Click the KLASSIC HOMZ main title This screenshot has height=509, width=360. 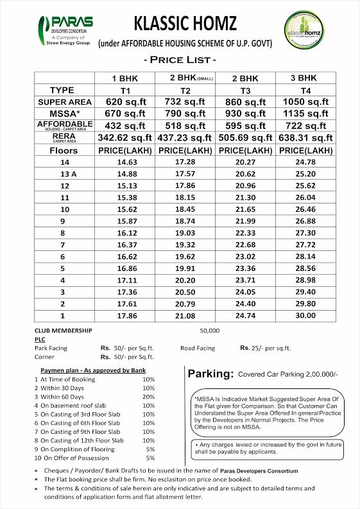(x=185, y=24)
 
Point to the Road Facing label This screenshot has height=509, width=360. (x=198, y=348)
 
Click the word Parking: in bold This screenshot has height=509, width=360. (x=209, y=374)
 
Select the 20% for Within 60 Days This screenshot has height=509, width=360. (x=148, y=397)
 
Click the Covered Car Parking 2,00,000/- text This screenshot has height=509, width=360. (x=287, y=374)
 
